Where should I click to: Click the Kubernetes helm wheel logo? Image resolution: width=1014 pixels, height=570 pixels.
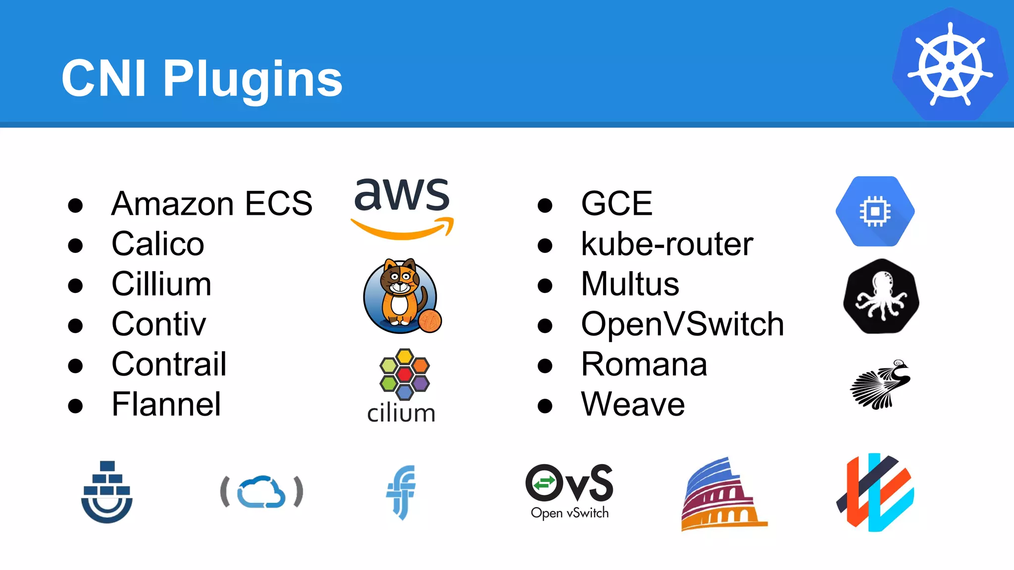pos(950,65)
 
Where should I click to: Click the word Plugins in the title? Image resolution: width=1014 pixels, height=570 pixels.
pos(253,79)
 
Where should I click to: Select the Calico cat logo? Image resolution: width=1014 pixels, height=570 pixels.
pos(400,296)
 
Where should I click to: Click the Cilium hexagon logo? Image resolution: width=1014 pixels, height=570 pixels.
pos(404,375)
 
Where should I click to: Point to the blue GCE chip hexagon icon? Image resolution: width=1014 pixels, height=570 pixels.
pos(875,211)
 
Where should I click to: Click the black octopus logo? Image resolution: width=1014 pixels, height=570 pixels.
pos(881,296)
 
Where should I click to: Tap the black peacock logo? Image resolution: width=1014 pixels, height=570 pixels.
pos(881,384)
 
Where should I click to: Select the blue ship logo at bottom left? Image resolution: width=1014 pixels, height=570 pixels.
pos(107,492)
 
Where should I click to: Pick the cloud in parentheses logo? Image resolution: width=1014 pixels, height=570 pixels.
pos(261,492)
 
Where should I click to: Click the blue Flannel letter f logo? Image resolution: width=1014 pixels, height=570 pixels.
pos(402,492)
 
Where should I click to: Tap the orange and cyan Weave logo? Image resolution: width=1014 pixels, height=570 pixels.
pos(875,492)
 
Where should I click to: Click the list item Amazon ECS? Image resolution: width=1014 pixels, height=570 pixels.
pos(212,203)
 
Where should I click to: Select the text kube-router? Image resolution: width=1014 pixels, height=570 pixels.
pos(667,244)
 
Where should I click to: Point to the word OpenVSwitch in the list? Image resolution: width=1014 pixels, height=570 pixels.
pos(682,324)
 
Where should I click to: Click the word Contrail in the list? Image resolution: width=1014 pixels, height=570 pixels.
pos(169,364)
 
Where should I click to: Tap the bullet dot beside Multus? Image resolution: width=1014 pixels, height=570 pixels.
pos(545,285)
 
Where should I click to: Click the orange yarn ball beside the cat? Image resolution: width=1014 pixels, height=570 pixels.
pos(430,321)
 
